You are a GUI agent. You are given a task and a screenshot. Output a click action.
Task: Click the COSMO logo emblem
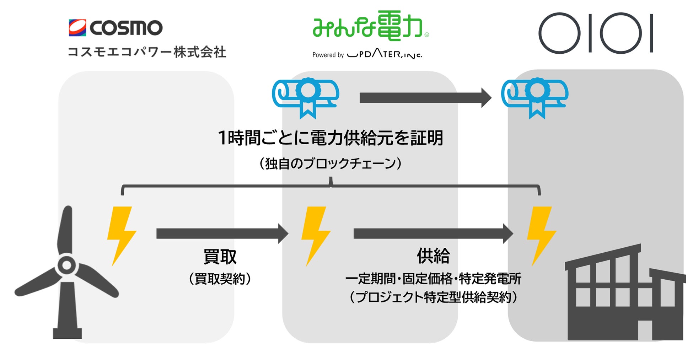[77, 28]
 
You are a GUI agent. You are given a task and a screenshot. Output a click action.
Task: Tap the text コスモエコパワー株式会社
[147, 52]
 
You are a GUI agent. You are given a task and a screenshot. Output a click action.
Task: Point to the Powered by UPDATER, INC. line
[367, 55]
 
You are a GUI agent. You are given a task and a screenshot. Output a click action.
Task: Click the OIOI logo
[596, 33]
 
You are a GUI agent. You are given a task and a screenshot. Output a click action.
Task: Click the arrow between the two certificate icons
[425, 98]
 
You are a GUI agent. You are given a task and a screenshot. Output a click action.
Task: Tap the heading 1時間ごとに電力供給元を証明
[331, 138]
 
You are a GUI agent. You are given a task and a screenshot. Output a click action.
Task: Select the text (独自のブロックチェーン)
[331, 163]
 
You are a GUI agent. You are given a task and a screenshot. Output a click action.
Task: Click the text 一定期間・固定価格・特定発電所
[433, 279]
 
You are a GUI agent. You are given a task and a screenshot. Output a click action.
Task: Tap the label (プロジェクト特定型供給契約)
[433, 297]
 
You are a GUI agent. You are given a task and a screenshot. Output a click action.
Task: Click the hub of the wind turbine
[66, 265]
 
